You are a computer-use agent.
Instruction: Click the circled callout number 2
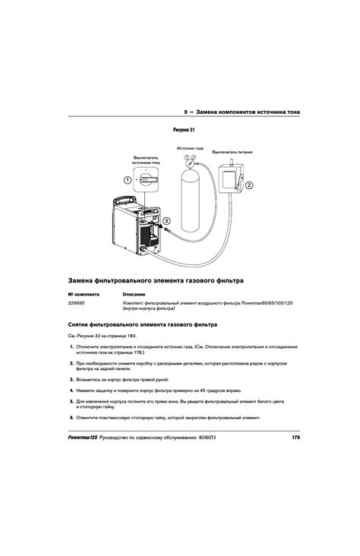click(x=248, y=185)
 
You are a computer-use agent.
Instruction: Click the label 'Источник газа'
click(x=190, y=148)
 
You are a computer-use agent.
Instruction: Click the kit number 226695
click(x=78, y=303)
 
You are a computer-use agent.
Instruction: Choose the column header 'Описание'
click(x=134, y=293)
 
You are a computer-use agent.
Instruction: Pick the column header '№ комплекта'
click(x=83, y=293)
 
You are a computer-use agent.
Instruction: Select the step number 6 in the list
click(x=71, y=417)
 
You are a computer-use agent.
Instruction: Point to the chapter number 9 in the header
click(x=186, y=112)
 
